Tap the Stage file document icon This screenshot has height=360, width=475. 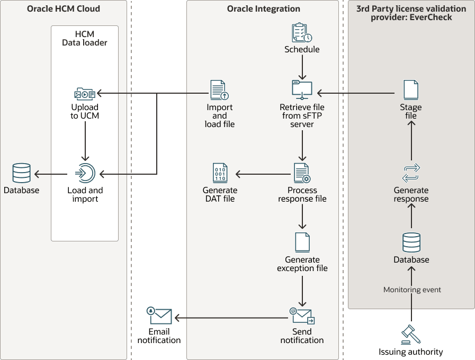[x=411, y=89]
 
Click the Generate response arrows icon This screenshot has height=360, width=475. [x=411, y=173]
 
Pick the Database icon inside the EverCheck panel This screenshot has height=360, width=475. [x=411, y=242]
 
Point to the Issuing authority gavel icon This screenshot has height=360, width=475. [x=411, y=334]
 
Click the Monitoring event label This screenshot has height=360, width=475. [x=412, y=290]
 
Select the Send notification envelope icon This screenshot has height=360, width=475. [x=302, y=317]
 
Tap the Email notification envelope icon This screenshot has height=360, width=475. [x=159, y=316]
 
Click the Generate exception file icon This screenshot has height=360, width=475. [x=302, y=242]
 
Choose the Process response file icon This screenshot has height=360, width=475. [x=302, y=173]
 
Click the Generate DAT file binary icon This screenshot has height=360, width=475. [x=220, y=173]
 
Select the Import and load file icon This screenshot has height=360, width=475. [x=219, y=90]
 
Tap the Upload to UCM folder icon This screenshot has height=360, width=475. [x=85, y=94]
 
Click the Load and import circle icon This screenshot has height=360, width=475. [x=85, y=173]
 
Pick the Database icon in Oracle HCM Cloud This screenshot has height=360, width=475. [x=21, y=173]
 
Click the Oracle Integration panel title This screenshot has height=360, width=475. [x=263, y=9]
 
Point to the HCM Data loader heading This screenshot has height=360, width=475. [x=85, y=38]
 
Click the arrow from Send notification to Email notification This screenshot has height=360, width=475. [x=230, y=318]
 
